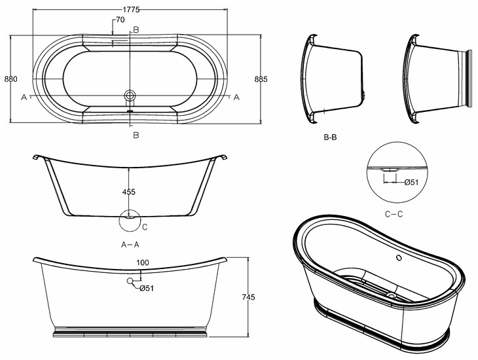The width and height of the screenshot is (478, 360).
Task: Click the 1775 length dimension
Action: (132, 10)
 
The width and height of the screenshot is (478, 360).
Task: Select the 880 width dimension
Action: (10, 79)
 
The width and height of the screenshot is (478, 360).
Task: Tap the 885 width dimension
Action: (261, 79)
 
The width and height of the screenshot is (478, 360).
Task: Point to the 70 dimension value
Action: (120, 20)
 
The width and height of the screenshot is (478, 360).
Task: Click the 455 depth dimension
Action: (128, 192)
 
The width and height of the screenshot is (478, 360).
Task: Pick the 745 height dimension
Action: (248, 297)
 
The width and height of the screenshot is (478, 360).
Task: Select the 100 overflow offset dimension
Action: (143, 262)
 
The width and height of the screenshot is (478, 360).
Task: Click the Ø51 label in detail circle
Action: (411, 182)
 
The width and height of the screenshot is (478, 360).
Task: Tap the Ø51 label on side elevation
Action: (147, 288)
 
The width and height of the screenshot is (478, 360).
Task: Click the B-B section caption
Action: (330, 137)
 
